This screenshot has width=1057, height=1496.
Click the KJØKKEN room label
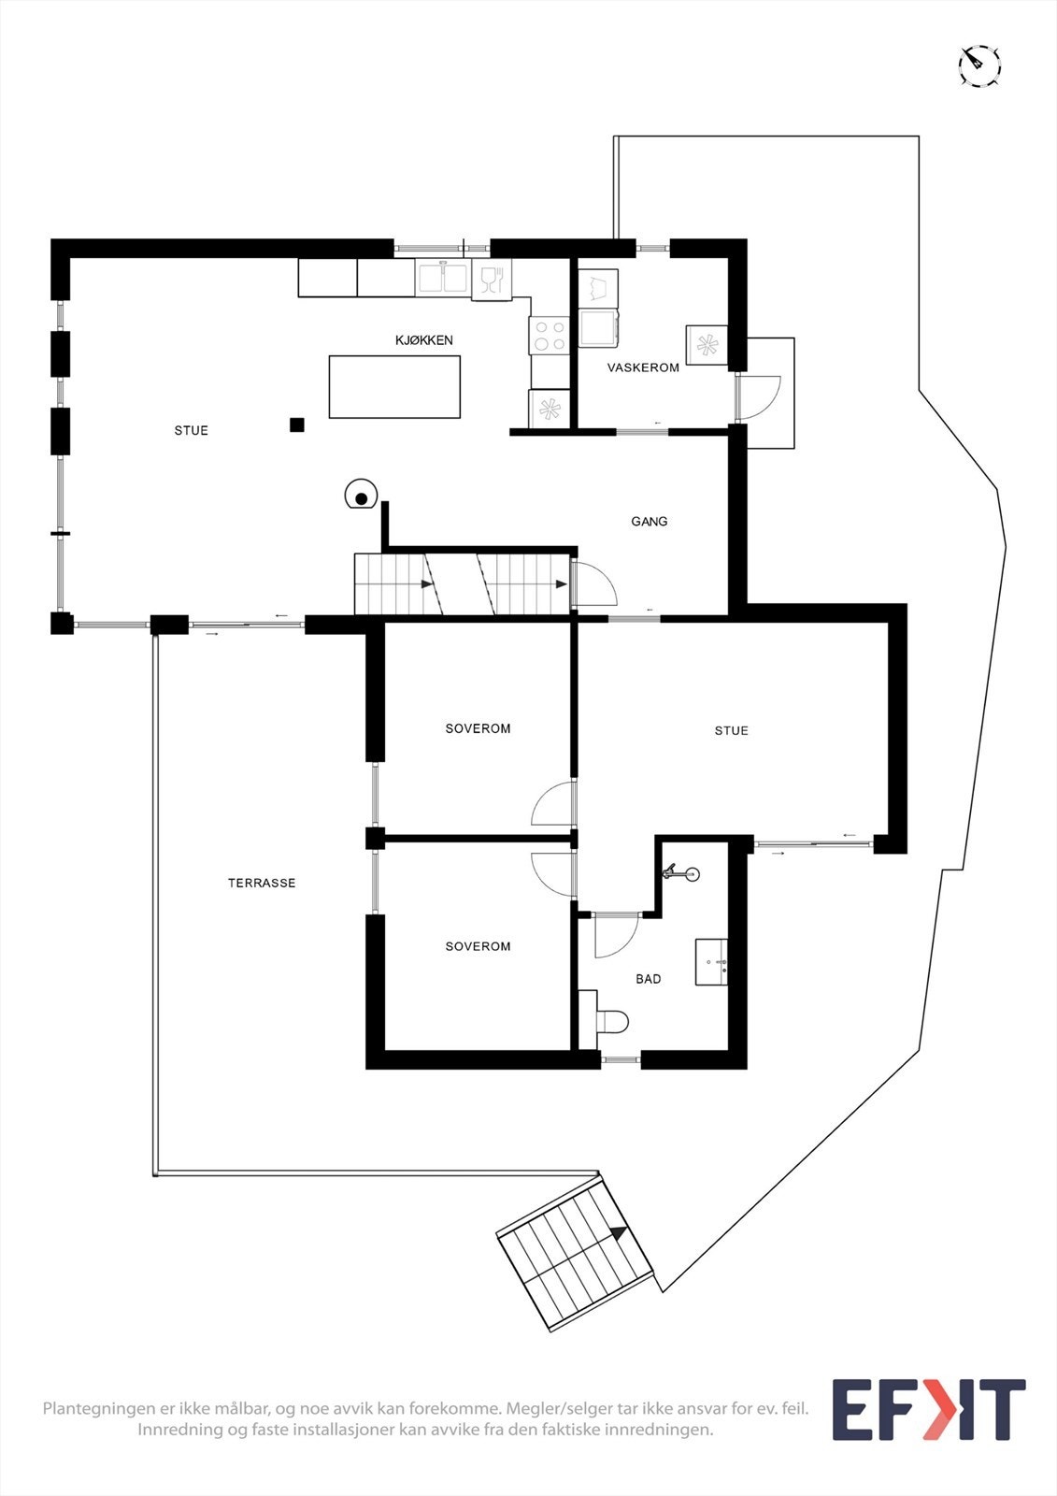423,340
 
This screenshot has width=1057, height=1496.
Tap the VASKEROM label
643,367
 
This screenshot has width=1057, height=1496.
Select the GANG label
649,522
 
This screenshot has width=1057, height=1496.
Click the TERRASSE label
262,883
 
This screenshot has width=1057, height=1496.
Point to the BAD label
648,979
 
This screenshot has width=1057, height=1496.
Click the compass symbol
979,66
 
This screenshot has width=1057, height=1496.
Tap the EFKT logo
928,1409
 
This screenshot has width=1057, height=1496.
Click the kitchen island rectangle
394,386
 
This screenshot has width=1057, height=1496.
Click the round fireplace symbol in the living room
360,496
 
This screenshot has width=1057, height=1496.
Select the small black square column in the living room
297,424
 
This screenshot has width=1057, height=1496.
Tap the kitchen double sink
442,278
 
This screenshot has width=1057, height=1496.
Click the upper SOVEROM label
478,728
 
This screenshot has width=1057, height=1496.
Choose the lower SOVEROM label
478,946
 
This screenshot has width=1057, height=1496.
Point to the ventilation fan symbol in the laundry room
707,345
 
